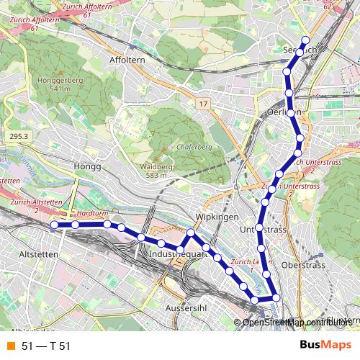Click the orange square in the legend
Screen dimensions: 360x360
[x=10, y=346]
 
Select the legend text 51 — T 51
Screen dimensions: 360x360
[x=46, y=346]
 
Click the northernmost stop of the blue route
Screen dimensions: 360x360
[x=305, y=40]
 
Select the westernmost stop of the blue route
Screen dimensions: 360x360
[x=55, y=225]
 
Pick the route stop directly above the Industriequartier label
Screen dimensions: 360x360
[x=190, y=233]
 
